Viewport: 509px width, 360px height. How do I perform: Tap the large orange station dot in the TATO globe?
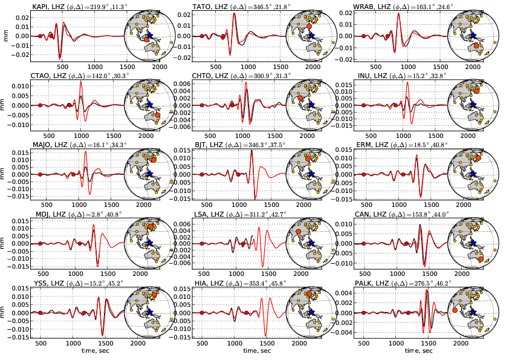309,27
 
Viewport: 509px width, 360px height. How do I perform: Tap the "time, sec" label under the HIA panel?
232,352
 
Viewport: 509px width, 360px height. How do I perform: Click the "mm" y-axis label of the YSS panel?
6,313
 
